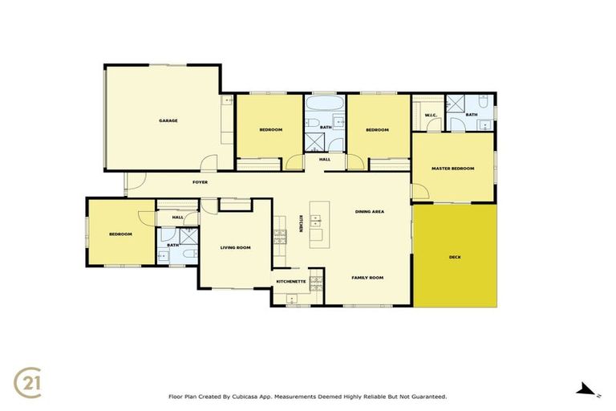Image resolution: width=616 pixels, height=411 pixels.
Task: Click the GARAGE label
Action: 168,120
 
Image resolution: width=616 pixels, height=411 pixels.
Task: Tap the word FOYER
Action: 201,182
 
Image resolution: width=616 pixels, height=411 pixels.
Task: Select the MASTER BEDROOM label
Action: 452,169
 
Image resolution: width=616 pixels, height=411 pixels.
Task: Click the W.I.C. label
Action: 428,115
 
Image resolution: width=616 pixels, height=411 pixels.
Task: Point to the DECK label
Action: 455,257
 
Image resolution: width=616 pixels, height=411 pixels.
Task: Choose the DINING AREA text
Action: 370,211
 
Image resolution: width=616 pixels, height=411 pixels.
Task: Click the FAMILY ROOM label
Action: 367,277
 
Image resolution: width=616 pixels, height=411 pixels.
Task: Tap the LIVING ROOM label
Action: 236,248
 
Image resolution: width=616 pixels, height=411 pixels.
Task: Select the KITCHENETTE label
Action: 290,282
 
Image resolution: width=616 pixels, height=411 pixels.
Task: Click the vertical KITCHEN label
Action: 301,225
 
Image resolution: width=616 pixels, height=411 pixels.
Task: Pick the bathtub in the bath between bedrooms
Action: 325,106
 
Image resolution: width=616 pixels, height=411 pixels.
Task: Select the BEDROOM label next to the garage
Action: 270,130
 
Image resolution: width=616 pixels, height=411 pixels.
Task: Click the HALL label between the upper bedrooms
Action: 325,159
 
